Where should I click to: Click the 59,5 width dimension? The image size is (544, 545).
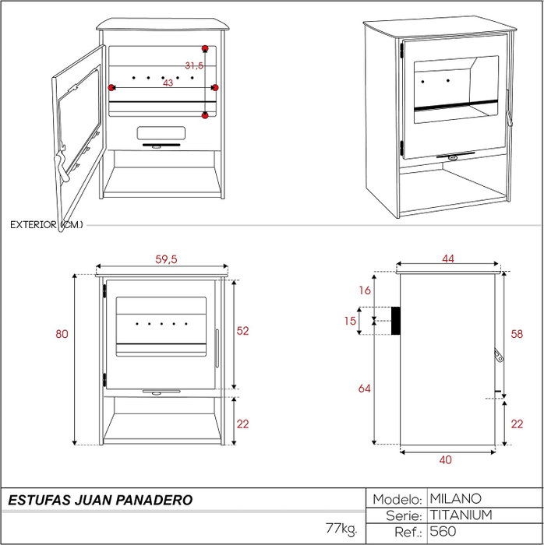click(166, 259)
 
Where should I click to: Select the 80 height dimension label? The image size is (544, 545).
click(62, 334)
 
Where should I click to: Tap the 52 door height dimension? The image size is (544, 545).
click(242, 331)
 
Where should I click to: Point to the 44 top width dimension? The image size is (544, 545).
click(448, 258)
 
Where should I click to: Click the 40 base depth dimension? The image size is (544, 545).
click(446, 460)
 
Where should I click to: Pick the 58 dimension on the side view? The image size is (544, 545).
click(517, 334)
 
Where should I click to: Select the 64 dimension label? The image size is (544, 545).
click(365, 389)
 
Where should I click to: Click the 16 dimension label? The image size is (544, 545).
click(365, 290)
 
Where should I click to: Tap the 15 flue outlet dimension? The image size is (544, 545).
click(350, 321)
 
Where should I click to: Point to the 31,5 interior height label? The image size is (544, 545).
click(194, 65)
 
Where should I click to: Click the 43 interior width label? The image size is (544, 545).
click(168, 83)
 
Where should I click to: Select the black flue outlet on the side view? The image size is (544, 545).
click(395, 321)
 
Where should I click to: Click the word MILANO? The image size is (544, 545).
click(456, 499)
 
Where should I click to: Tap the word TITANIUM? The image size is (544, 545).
click(461, 515)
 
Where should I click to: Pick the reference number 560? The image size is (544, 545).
click(443, 531)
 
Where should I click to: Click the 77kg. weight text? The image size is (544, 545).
click(341, 529)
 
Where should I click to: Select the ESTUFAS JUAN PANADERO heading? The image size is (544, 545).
click(101, 500)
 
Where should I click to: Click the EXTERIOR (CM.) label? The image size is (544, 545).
click(47, 225)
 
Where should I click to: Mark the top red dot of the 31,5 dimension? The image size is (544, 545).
click(205, 48)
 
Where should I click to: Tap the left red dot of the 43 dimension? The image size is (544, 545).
click(111, 87)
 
